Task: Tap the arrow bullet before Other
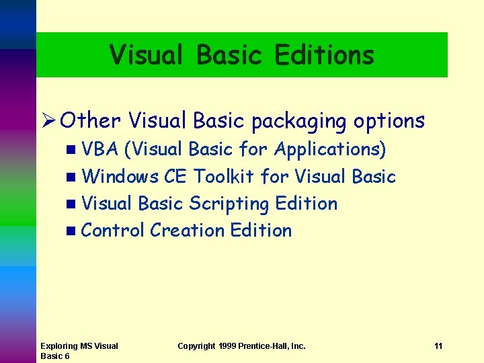(x=48, y=121)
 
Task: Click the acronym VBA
(x=99, y=149)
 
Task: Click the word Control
(x=112, y=230)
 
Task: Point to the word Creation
(x=188, y=230)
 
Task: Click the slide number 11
(x=438, y=346)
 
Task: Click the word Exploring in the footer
(x=59, y=346)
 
